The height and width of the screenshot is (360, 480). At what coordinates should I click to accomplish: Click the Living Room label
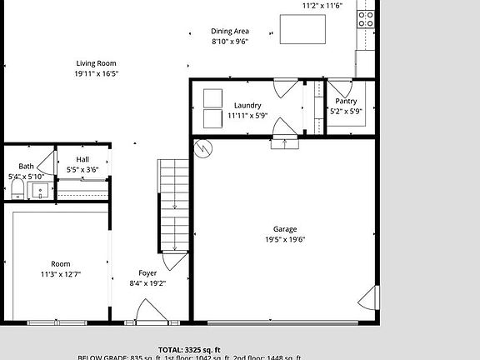click(x=96, y=63)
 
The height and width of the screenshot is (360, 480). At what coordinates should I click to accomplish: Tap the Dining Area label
click(x=229, y=32)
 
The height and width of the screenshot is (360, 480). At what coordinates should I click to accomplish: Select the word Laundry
click(x=247, y=106)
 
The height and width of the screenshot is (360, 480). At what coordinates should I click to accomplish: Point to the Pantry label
click(x=345, y=101)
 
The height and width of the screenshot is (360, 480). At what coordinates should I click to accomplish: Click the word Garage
click(x=285, y=229)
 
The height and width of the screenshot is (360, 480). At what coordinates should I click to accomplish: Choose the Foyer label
click(x=147, y=272)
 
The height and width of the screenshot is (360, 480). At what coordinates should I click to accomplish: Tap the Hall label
click(x=82, y=159)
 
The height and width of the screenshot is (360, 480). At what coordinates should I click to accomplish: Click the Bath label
click(x=27, y=167)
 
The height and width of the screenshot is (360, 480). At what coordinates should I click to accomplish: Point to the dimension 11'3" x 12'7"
click(x=61, y=274)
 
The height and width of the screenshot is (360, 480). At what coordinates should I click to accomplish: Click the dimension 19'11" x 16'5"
click(x=96, y=73)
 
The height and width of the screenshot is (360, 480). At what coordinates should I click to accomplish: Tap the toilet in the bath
click(x=17, y=192)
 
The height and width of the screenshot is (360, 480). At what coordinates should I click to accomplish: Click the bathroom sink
click(x=40, y=191)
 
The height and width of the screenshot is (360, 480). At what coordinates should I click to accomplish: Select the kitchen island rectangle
click(x=302, y=29)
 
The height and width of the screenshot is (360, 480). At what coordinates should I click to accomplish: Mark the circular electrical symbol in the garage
click(x=202, y=149)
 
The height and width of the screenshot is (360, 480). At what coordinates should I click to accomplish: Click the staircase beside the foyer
click(x=175, y=204)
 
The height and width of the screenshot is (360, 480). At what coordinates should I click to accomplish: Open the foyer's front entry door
click(x=151, y=314)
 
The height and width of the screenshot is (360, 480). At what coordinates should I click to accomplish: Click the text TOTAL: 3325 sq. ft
click(x=189, y=349)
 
